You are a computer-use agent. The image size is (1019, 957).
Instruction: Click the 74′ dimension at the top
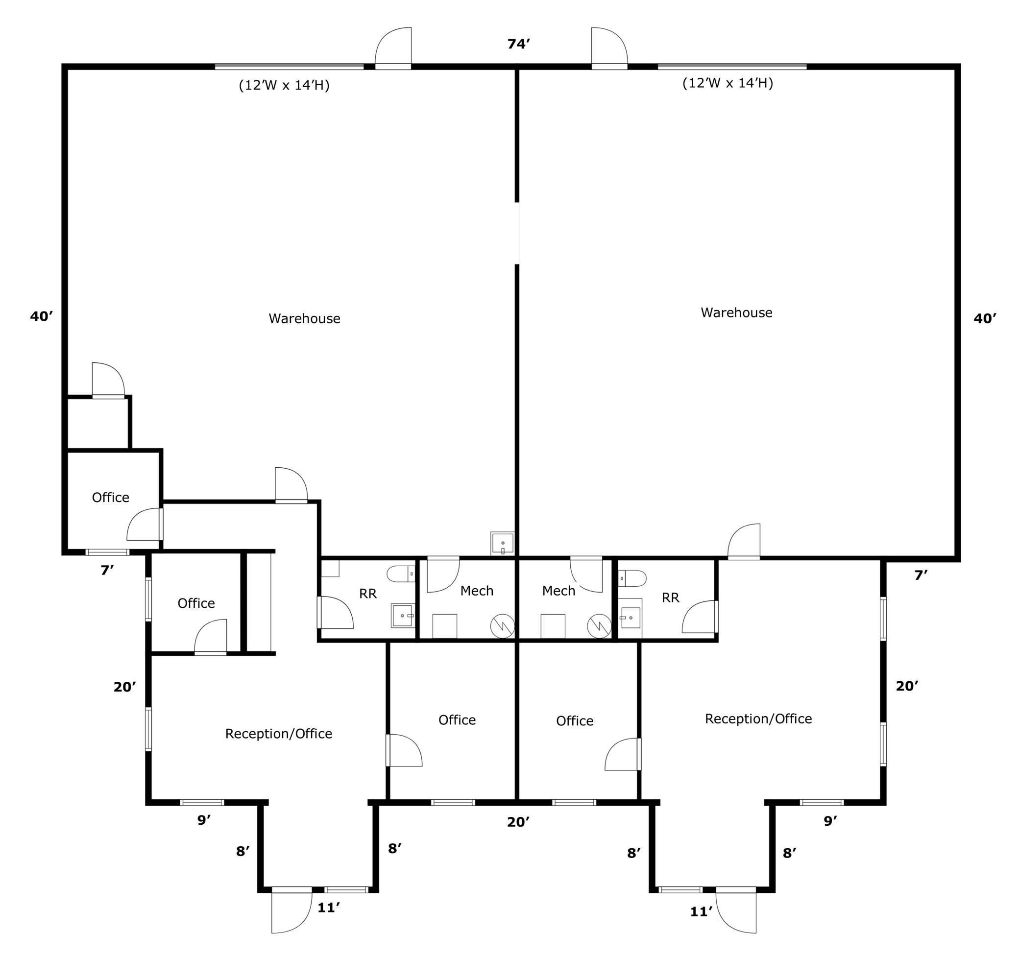tap(518, 44)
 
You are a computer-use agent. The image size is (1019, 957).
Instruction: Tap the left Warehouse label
tap(304, 319)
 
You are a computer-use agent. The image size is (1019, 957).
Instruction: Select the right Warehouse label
tap(737, 312)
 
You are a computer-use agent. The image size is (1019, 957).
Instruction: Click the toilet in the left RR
tap(401, 574)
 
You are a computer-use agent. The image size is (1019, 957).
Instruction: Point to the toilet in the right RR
tap(632, 578)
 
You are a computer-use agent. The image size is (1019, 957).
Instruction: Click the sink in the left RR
tap(402, 615)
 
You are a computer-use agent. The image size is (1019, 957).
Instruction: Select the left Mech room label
tap(477, 591)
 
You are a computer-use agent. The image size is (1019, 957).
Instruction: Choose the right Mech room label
tap(558, 591)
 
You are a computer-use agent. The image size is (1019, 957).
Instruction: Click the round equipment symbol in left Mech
tap(502, 625)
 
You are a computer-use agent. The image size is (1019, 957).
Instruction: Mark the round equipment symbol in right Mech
tap(599, 625)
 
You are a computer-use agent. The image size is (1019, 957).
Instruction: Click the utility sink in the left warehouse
tap(502, 543)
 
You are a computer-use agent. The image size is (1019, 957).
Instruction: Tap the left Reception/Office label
tap(279, 734)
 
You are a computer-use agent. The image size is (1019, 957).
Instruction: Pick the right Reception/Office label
tap(758, 719)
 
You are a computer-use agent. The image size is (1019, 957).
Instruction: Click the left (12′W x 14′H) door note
tap(284, 85)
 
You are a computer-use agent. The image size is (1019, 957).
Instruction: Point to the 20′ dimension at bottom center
tap(518, 822)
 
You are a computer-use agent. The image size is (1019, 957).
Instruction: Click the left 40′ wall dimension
tap(41, 316)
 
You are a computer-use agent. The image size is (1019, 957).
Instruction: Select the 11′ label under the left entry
tap(329, 908)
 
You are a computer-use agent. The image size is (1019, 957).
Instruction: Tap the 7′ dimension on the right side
tap(921, 575)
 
